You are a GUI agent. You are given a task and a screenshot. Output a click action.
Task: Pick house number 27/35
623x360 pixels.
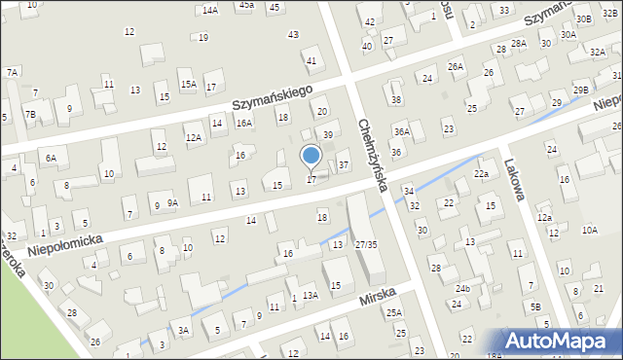(366, 244)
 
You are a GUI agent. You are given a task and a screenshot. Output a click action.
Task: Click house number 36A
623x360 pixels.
(402, 131)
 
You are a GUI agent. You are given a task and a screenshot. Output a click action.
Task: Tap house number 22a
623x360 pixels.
(481, 173)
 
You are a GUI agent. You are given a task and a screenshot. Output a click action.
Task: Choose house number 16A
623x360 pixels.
(244, 124)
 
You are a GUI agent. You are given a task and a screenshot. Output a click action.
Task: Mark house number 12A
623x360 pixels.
(194, 138)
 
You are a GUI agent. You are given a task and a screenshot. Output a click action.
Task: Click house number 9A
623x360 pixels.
(172, 202)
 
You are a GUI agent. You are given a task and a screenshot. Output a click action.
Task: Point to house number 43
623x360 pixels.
(293, 34)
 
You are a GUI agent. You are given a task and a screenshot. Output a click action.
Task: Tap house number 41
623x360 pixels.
(311, 60)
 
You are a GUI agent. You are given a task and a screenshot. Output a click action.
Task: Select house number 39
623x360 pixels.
(328, 134)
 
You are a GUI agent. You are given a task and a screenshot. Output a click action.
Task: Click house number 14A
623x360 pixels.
(210, 10)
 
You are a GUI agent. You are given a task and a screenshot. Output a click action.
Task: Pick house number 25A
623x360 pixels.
(393, 312)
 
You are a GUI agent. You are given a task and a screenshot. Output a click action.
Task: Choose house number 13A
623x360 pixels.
(310, 295)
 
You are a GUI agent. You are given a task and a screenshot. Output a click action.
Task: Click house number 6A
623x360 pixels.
(51, 157)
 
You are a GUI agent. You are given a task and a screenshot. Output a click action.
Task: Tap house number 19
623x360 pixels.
(202, 38)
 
